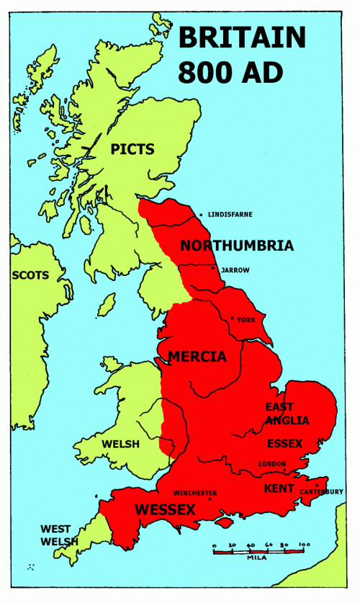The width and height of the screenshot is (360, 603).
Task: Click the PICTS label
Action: tap(132, 150)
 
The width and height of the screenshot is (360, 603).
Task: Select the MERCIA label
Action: tap(197, 357)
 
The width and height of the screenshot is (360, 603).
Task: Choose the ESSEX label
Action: tap(284, 443)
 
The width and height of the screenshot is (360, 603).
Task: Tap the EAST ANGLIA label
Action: tap(287, 414)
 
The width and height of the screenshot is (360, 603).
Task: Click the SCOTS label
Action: tap(30, 275)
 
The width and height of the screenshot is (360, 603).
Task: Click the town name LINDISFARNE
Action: tap(230, 215)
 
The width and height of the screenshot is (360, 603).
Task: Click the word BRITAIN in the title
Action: tap(242, 36)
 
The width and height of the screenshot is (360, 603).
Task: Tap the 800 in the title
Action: tap(214, 71)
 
